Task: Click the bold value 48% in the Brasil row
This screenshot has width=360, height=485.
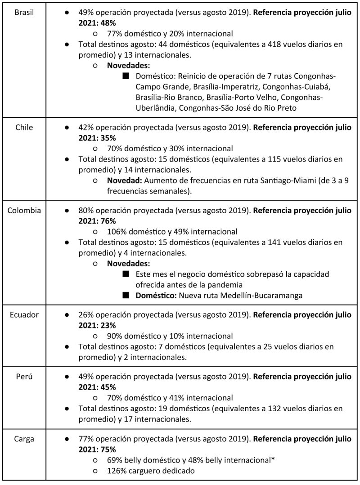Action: point(110,22)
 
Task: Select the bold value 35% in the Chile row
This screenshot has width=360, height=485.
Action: point(110,137)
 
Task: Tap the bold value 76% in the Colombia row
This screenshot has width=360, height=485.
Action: point(110,220)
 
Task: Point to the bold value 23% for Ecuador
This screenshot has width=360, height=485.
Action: point(110,324)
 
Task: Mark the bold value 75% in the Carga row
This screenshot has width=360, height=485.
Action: point(110,449)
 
